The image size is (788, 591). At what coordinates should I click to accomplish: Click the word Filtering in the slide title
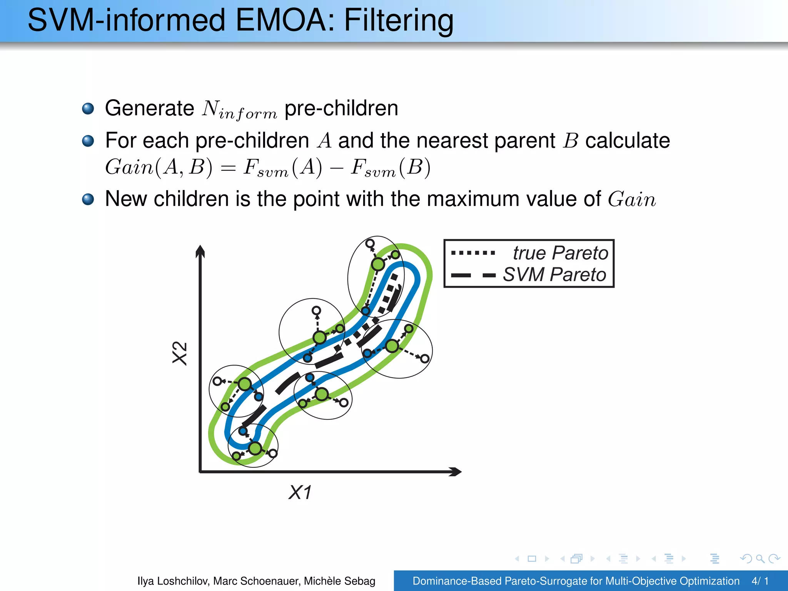(399, 20)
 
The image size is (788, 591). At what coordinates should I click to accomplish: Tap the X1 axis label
(300, 492)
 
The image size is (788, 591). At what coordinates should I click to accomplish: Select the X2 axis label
(180, 353)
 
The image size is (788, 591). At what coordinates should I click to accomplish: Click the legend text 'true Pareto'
(560, 253)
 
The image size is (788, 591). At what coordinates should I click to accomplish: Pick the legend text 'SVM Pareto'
(554, 275)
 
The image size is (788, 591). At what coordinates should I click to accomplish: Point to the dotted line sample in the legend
(473, 253)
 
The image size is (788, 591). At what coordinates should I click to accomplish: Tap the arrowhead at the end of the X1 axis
(456, 471)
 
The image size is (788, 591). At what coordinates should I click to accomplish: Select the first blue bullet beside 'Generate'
(88, 109)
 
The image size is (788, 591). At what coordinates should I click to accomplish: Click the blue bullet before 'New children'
(88, 199)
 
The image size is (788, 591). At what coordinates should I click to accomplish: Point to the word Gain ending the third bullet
(632, 199)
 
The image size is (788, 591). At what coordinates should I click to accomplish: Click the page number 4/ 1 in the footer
(760, 581)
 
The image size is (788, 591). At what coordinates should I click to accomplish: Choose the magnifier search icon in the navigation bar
(760, 558)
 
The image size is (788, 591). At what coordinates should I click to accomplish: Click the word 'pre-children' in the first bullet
(341, 109)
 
